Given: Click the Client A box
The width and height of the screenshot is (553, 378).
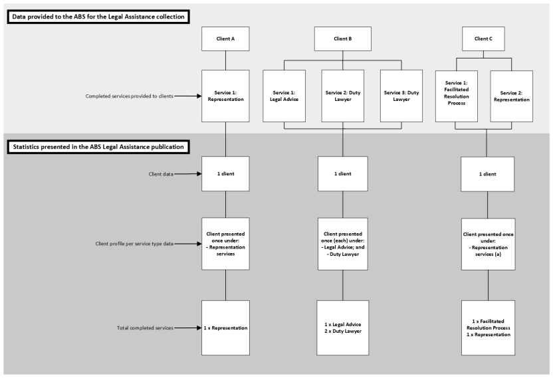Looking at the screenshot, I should click(225, 39).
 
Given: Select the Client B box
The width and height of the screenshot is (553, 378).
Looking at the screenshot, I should click(342, 39).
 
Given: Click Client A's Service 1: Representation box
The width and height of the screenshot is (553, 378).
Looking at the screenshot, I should click(225, 96).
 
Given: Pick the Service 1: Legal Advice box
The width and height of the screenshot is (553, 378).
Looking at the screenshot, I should click(284, 96).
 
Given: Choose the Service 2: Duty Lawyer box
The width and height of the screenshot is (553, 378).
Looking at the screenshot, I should click(343, 96).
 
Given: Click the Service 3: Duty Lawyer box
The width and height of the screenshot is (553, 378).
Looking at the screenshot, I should click(401, 96).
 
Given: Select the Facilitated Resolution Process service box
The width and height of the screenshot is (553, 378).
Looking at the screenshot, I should click(457, 96).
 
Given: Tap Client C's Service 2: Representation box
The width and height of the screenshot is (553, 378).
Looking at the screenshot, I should click(512, 96).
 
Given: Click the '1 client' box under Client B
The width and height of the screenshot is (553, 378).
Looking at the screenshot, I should click(343, 174).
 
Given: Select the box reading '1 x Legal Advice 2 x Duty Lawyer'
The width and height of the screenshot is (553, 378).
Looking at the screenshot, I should click(343, 328).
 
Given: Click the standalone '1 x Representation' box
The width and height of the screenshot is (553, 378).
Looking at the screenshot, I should click(225, 328).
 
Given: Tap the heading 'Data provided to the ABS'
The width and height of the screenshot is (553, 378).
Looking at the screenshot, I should click(97, 15).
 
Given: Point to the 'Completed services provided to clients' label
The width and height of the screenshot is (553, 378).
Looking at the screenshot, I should click(130, 96).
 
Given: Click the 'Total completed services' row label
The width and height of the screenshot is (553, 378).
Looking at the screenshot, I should click(145, 328).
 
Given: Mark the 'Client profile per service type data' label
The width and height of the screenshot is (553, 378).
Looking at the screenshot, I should click(134, 244).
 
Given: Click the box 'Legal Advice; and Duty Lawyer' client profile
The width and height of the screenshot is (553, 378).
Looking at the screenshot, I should click(343, 243).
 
